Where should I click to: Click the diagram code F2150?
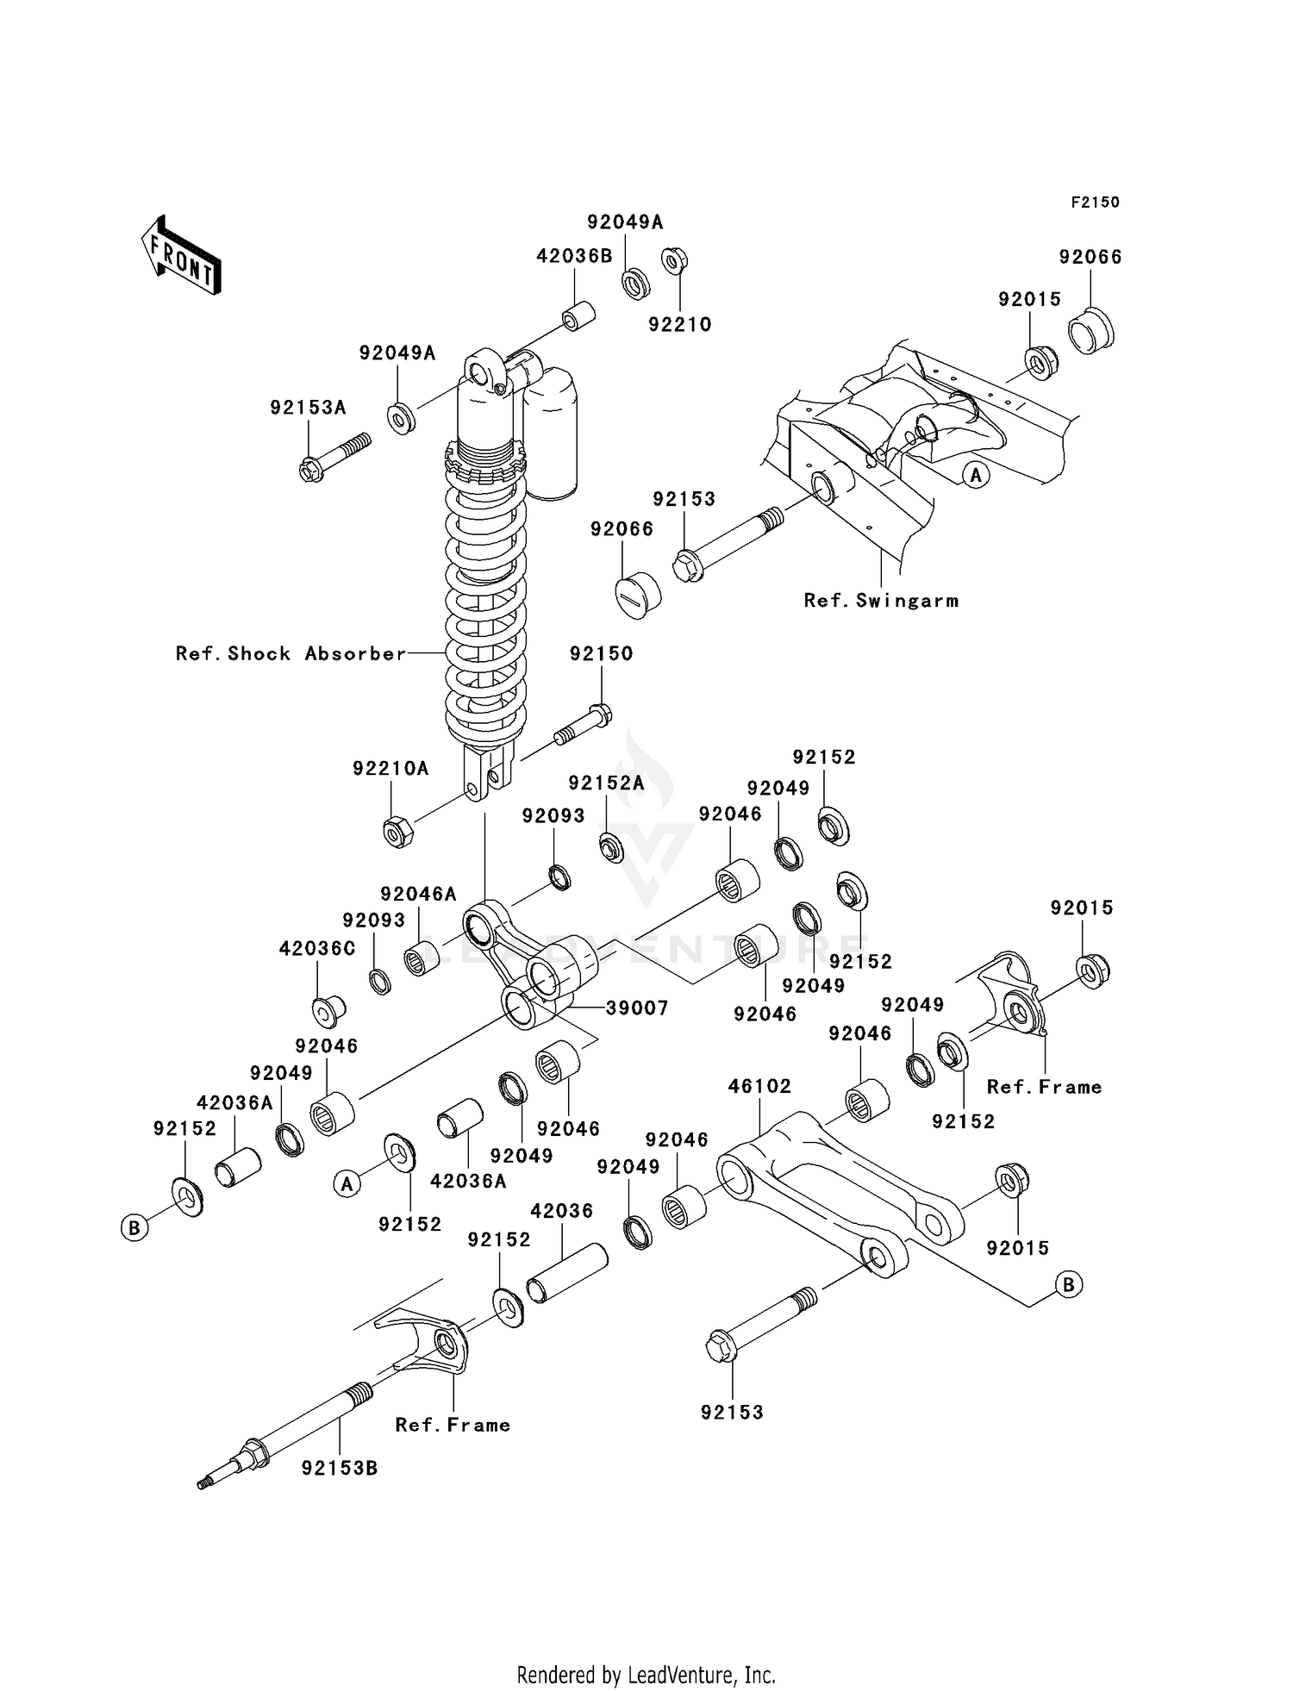(x=1095, y=203)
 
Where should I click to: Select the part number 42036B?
(x=574, y=256)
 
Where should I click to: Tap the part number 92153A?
(x=308, y=408)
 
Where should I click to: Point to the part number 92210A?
(x=390, y=768)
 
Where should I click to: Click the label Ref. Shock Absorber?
(x=290, y=653)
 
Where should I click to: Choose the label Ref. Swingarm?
(x=881, y=601)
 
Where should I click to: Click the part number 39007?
(x=637, y=1008)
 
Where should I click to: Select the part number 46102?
(x=759, y=1086)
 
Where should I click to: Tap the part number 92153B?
(x=340, y=1468)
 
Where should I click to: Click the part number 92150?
(x=601, y=653)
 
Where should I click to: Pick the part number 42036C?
(x=317, y=949)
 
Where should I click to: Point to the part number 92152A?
(x=606, y=783)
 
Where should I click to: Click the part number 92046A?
(x=418, y=895)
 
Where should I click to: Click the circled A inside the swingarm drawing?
(x=976, y=474)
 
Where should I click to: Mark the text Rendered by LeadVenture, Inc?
(x=646, y=1675)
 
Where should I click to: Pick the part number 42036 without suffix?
(x=561, y=1211)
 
